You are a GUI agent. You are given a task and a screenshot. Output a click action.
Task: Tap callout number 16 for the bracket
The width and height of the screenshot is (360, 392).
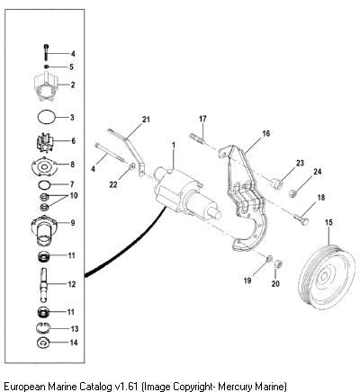265,134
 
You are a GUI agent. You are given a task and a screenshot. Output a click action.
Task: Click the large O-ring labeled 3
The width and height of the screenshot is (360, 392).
47,117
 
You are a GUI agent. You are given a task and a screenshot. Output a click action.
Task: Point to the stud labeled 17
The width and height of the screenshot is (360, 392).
197,138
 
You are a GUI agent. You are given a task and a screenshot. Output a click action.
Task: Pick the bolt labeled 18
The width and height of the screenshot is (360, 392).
301,219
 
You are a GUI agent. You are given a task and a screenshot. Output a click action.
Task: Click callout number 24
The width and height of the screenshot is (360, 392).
318,172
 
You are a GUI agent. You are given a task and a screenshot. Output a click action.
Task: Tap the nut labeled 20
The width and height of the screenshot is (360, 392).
278,264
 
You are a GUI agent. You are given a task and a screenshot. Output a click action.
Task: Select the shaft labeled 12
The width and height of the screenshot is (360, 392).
44,285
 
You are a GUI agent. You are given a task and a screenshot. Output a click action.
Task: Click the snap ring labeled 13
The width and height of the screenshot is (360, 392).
44,328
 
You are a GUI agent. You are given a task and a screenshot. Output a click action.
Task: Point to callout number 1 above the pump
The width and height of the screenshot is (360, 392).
173,146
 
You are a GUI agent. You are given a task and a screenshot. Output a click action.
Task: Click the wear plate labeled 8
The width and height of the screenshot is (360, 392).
44,166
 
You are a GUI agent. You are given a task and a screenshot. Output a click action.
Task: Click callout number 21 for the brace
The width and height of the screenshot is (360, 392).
146,120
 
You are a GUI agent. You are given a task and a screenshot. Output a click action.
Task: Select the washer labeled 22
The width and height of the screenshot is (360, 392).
131,166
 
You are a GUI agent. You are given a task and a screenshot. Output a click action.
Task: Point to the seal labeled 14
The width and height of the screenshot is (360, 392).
43,343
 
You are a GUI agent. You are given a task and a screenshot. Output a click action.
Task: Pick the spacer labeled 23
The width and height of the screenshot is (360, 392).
276,183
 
